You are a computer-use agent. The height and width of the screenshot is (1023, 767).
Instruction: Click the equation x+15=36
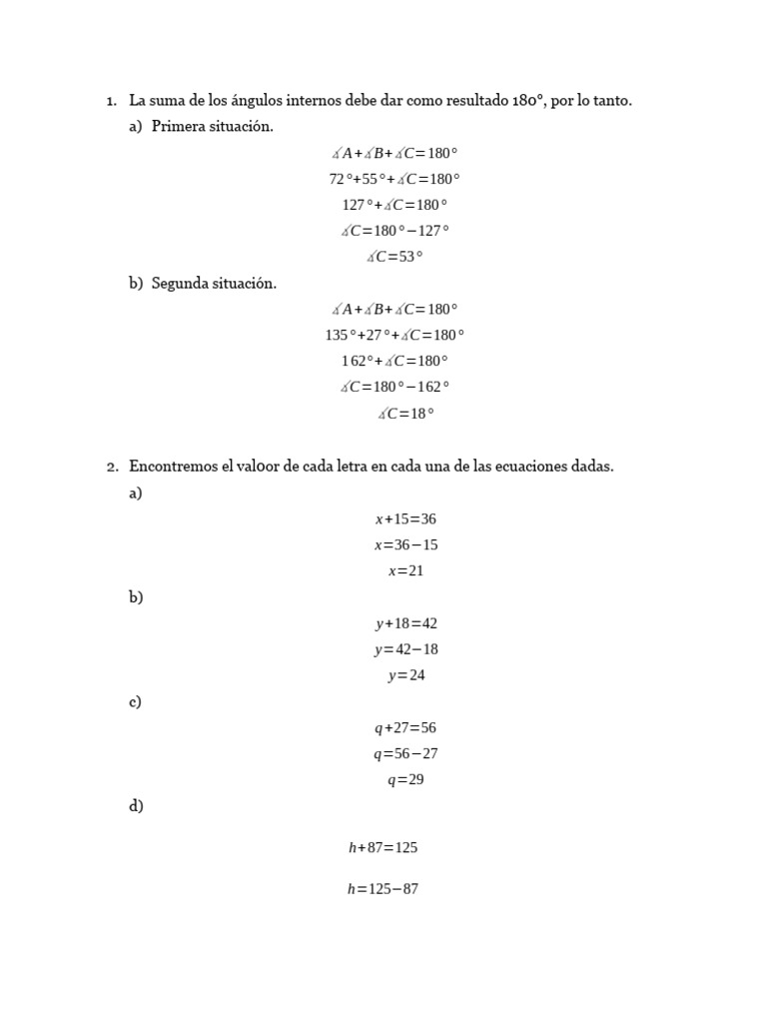pyautogui.click(x=405, y=519)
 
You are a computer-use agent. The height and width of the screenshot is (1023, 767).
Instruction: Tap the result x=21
pyautogui.click(x=405, y=571)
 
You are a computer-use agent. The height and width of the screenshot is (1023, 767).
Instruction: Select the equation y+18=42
pyautogui.click(x=406, y=623)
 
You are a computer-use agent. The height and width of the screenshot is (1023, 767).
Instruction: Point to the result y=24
pyautogui.click(x=406, y=675)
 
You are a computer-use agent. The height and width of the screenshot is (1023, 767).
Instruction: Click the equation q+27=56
pyautogui.click(x=405, y=728)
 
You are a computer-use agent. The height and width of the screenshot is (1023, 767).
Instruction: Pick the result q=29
pyautogui.click(x=405, y=780)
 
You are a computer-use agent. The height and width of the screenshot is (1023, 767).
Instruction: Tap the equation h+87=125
pyautogui.click(x=383, y=848)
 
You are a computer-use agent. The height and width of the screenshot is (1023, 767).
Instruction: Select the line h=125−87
pyautogui.click(x=383, y=889)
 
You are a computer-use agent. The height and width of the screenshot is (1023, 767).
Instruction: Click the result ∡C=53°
pyautogui.click(x=394, y=257)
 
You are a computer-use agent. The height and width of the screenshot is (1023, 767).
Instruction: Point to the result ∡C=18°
pyautogui.click(x=405, y=414)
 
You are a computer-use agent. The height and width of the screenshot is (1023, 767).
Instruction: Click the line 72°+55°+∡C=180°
pyautogui.click(x=394, y=180)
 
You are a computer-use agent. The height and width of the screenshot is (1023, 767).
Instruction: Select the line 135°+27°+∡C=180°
pyautogui.click(x=394, y=336)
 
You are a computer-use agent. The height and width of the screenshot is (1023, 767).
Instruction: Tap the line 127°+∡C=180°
pyautogui.click(x=394, y=205)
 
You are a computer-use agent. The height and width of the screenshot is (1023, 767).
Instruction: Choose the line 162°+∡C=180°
pyautogui.click(x=394, y=362)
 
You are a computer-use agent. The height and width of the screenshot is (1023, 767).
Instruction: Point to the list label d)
pyautogui.click(x=136, y=806)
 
